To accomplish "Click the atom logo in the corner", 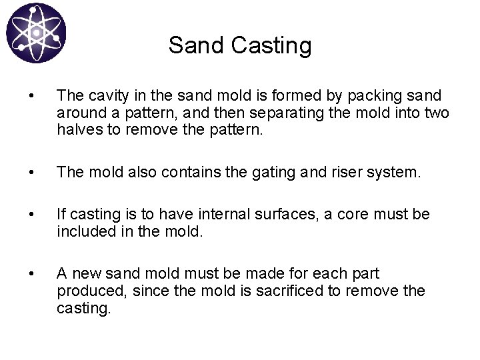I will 37,33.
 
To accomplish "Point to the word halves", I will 76,131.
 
